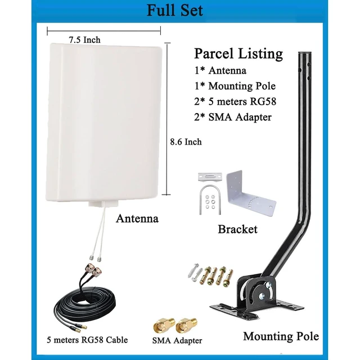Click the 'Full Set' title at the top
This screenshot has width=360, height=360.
tap(175, 10)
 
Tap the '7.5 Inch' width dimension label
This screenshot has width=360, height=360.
tap(85, 40)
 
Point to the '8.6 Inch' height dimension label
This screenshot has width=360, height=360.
tap(186, 142)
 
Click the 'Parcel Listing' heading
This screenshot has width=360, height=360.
tap(238, 54)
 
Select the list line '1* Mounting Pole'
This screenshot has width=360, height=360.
tap(235, 86)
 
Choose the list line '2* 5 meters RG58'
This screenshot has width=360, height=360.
tap(235, 101)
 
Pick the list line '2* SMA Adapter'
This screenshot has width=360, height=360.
tap(233, 117)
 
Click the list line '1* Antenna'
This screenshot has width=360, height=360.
tap(220, 70)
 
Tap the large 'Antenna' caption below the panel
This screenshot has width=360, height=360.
tap(137, 218)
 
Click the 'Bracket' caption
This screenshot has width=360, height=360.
tap(237, 229)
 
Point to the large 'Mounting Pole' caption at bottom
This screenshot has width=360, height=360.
tap(281, 336)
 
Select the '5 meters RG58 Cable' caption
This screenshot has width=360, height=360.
tap(87, 340)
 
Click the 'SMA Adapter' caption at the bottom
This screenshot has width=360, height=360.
tap(177, 341)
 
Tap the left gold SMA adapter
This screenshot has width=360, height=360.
tap(164, 325)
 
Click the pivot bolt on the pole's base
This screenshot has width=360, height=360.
tap(261, 296)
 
